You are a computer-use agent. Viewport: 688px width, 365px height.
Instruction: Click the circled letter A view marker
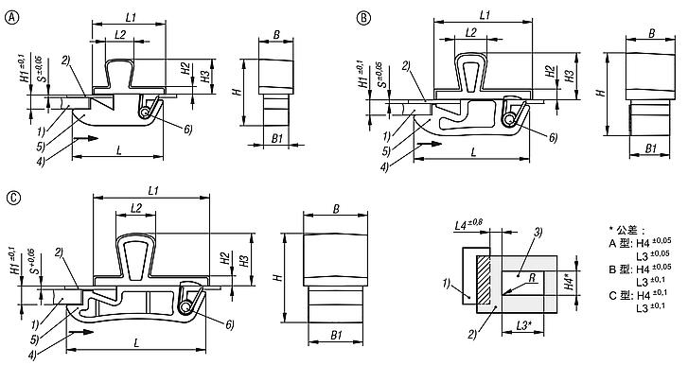(12, 18)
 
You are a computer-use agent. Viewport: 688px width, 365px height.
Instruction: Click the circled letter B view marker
(363, 18)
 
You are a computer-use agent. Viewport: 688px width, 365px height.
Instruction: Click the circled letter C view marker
(14, 198)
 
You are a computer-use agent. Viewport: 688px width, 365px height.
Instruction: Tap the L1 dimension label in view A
(131, 17)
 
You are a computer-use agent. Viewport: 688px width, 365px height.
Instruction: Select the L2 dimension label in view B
(470, 32)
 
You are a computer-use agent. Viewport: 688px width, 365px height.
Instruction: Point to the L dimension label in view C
(137, 342)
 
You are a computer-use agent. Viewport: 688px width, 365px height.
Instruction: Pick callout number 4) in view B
(385, 167)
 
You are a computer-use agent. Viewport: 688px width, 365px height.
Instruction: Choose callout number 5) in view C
(35, 339)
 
